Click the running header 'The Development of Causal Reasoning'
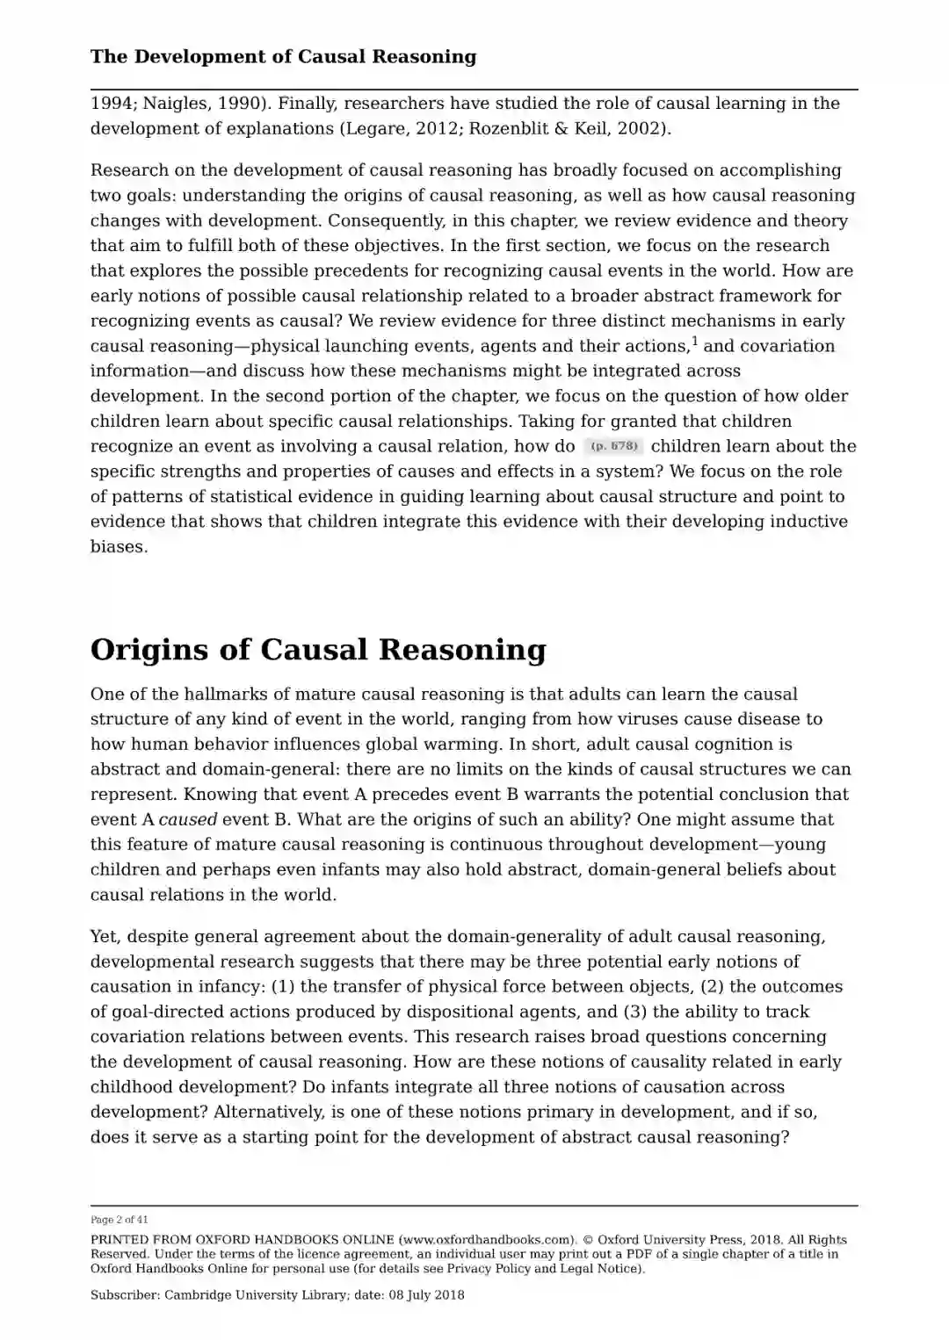point(283,57)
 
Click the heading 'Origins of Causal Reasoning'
point(318,650)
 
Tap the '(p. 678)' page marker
point(613,446)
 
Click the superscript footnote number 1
point(694,341)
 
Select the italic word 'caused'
point(187,819)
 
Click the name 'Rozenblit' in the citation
point(507,129)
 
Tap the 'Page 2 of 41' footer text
point(120,1220)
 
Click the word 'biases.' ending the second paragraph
point(119,546)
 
